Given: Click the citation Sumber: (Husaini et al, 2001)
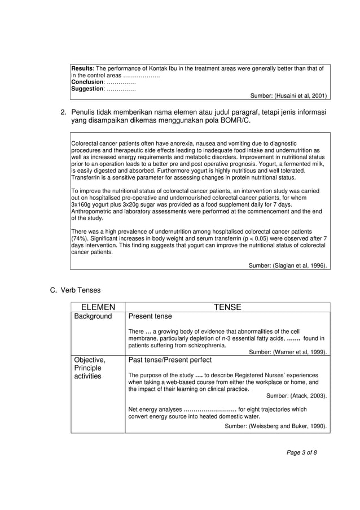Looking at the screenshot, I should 288,95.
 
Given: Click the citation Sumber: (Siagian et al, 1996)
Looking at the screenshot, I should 288,265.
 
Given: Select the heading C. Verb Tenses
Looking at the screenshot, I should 75,290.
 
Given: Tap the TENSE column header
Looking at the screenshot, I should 227,307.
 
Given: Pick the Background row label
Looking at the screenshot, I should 93,317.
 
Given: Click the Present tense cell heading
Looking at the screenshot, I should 150,317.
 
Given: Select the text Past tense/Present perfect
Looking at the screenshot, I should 170,360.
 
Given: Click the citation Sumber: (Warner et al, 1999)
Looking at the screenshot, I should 288,352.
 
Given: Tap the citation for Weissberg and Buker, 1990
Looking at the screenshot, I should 275,426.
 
